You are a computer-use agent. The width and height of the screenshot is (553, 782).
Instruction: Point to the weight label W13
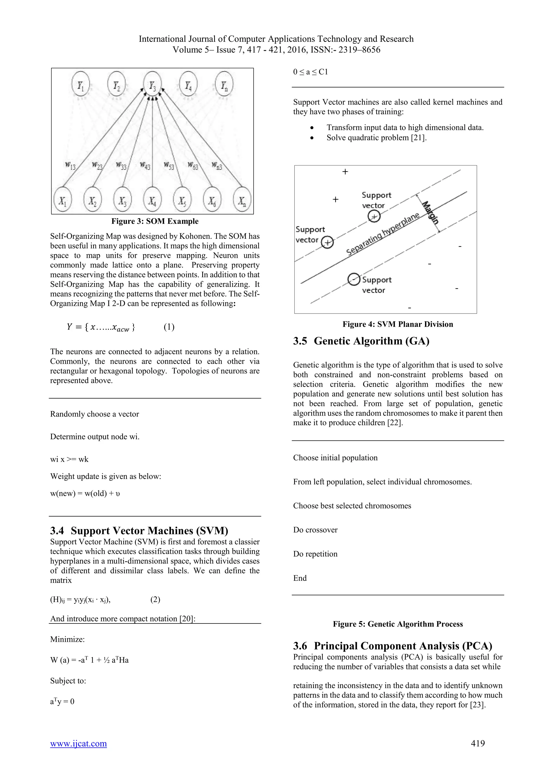[x=70, y=166]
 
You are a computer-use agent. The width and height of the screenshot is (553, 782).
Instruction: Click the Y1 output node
[x=81, y=85]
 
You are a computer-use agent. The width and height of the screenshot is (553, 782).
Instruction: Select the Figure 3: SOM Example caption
[x=155, y=221]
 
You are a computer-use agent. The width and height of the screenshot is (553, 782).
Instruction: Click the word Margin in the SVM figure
[x=430, y=212]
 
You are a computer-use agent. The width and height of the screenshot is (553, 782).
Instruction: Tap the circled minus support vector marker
[x=354, y=279]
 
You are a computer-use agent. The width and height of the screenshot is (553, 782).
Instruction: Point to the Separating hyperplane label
[x=382, y=235]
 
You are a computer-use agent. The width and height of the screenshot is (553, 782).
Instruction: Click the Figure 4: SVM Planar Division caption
[x=397, y=324]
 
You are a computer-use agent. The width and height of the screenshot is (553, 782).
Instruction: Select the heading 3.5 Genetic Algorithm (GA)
[x=361, y=341]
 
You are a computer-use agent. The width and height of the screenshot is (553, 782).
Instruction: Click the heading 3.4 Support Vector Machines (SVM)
[x=139, y=531]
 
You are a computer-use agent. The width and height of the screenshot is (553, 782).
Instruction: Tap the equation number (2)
[x=155, y=599]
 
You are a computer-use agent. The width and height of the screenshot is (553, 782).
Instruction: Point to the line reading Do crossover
[x=315, y=530]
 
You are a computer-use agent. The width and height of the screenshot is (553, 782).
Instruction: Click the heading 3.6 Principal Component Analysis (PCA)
[x=393, y=646]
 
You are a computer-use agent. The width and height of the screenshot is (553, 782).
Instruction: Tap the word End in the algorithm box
[x=300, y=578]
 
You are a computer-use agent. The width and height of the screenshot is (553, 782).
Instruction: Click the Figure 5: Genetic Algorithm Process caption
[x=397, y=624]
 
